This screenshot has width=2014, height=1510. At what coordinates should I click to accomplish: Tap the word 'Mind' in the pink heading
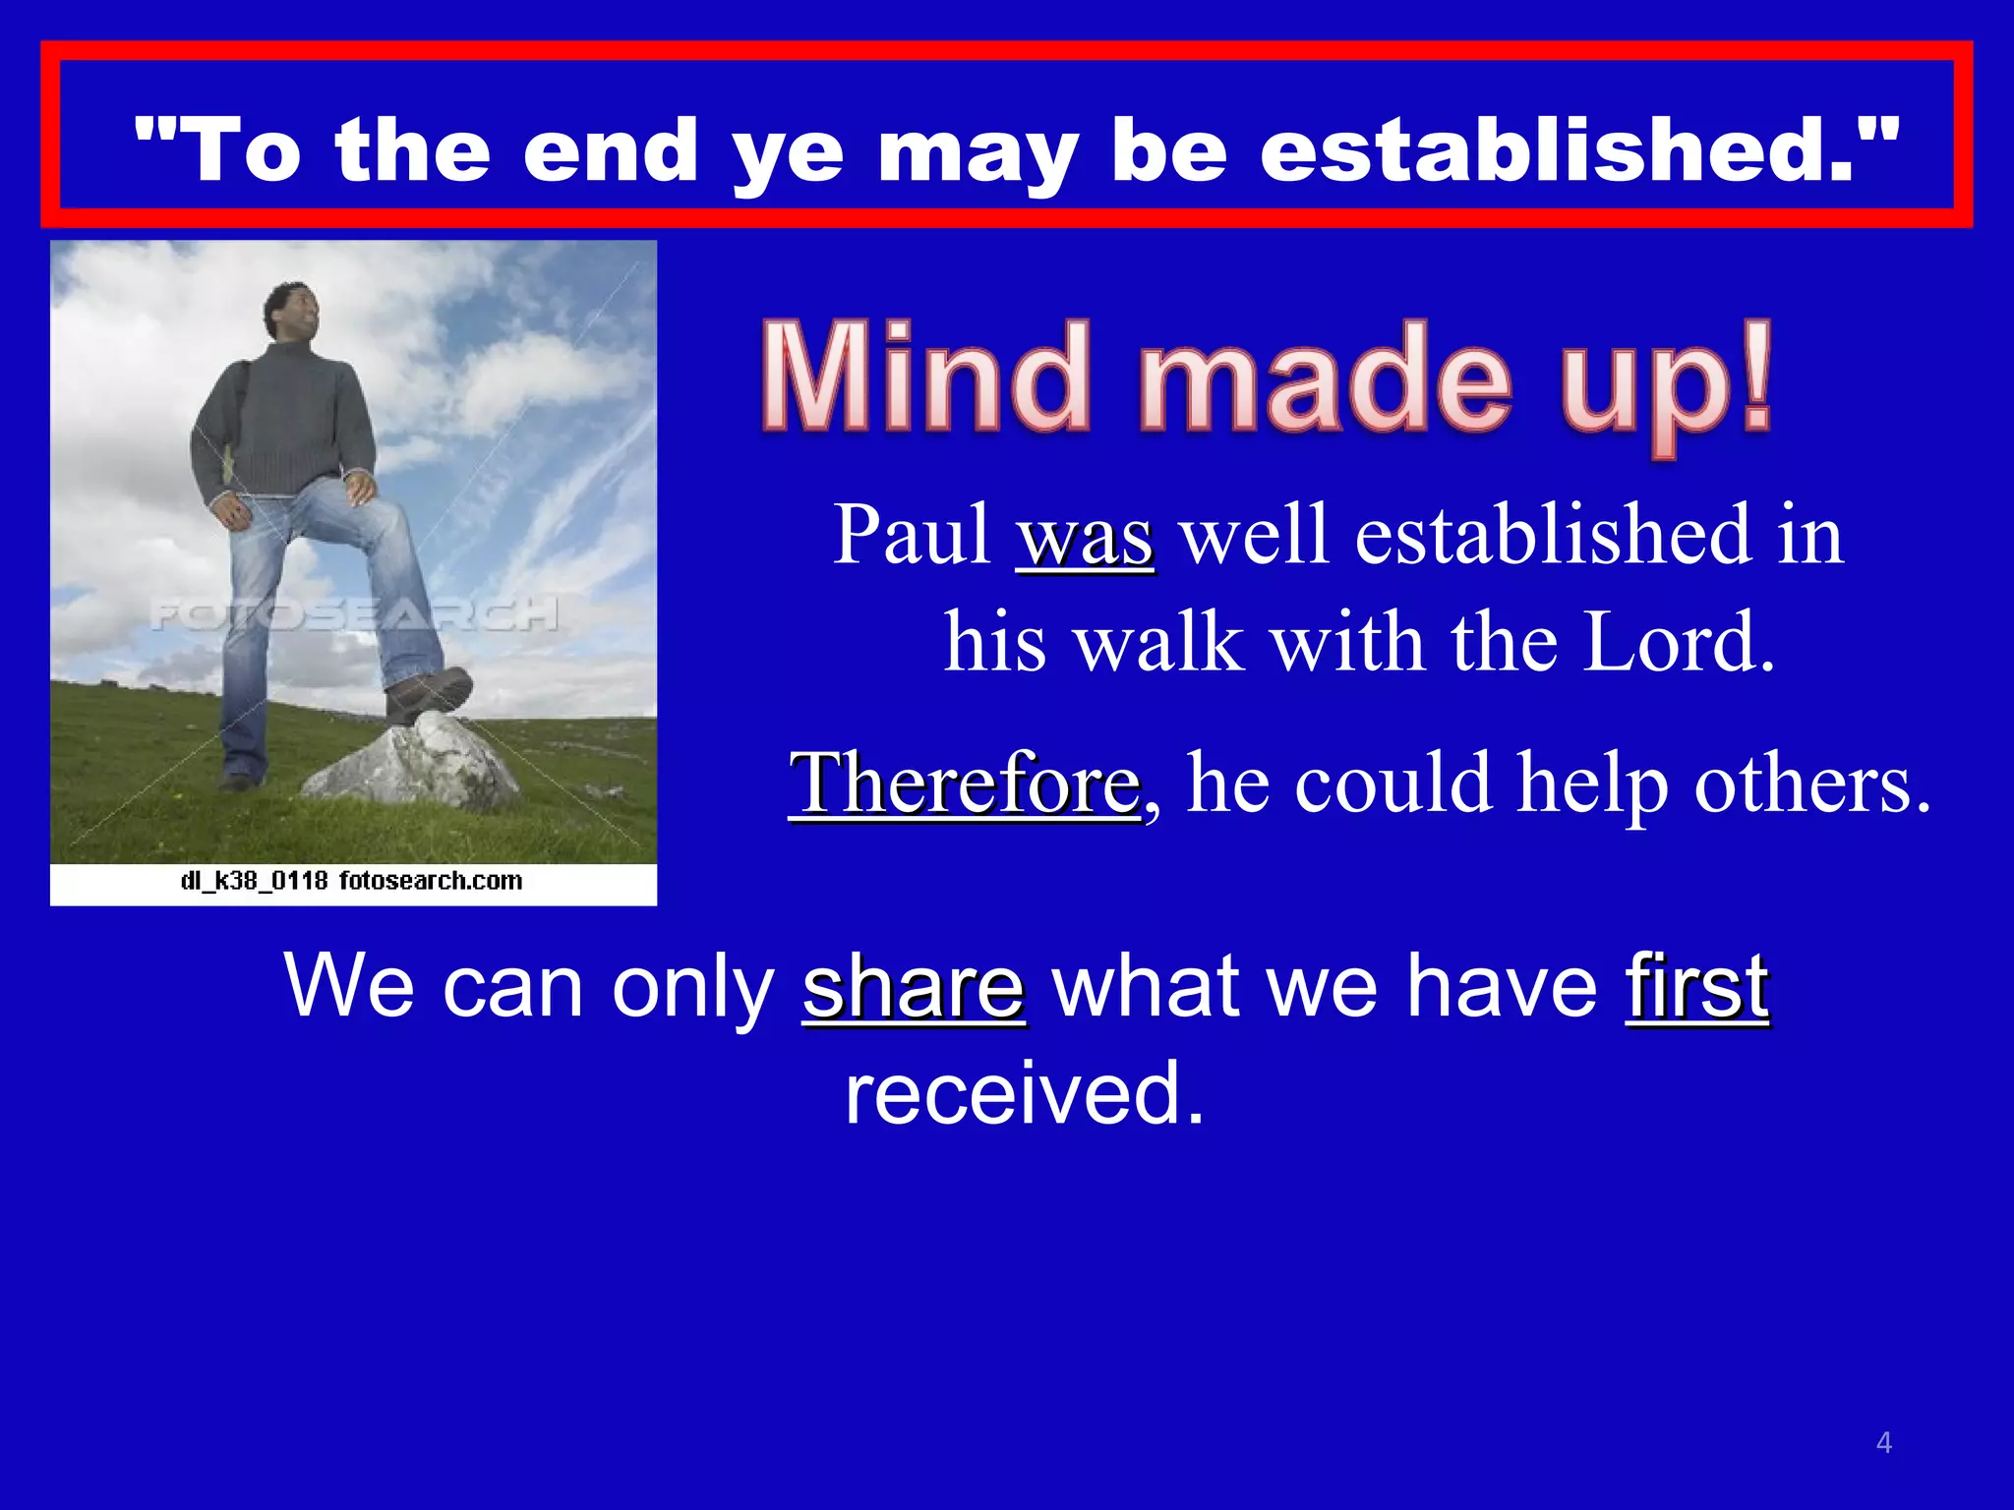(x=925, y=378)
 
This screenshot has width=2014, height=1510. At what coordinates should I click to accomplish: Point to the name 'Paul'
(x=912, y=536)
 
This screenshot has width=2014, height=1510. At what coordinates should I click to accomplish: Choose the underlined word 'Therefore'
(x=965, y=784)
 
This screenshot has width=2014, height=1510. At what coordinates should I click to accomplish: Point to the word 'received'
(x=1024, y=1093)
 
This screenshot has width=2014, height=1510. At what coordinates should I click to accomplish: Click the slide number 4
(x=1883, y=1443)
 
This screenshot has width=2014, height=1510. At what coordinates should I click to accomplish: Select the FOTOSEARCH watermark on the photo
(x=354, y=614)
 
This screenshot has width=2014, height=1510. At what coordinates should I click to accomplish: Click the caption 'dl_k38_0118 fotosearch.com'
(x=352, y=881)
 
